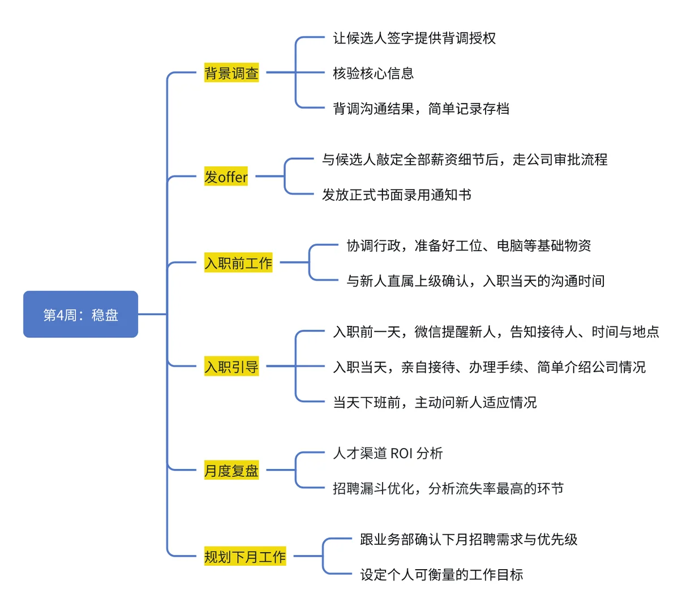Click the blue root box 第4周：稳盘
[x=80, y=315]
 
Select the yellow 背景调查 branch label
[x=231, y=73]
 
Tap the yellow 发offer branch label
[x=226, y=177]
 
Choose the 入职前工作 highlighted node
[x=238, y=263]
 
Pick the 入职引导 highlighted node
[x=231, y=367]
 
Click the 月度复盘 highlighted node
[x=231, y=471]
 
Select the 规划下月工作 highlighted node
[x=245, y=557]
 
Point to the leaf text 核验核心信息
[x=373, y=73]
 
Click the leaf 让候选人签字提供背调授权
[x=414, y=38]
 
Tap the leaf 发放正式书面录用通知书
[x=396, y=195]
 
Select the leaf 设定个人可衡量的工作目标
[x=441, y=575]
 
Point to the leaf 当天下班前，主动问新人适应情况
[x=435, y=402]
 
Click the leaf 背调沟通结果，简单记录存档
[x=421, y=108]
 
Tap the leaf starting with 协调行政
[x=469, y=246]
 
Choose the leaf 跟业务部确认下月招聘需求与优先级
[x=469, y=540]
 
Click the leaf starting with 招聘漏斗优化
[x=448, y=488]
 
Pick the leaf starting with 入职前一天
[x=496, y=332]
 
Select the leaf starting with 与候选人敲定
[x=464, y=160]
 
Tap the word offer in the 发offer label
[x=233, y=178]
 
